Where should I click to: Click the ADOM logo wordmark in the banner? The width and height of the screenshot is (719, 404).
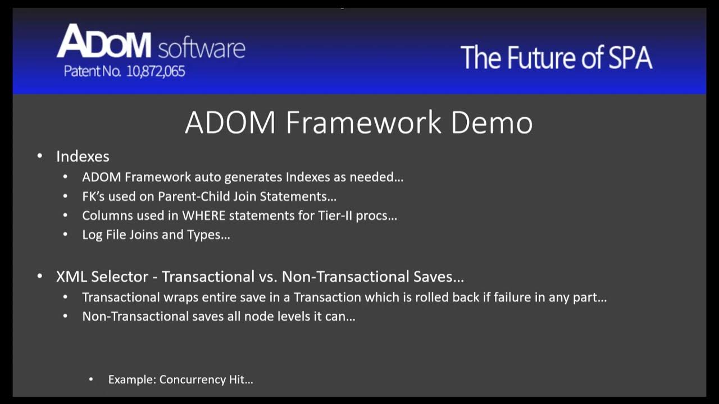point(104,42)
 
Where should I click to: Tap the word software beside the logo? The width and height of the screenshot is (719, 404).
point(201,49)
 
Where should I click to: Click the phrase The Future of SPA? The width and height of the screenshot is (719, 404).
point(556,58)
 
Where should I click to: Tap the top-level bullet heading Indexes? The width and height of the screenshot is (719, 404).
point(83,157)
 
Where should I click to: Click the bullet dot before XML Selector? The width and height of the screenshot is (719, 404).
point(40,276)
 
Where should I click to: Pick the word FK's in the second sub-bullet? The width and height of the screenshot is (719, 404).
point(94,196)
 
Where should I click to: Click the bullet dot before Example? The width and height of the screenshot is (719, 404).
point(91,379)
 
